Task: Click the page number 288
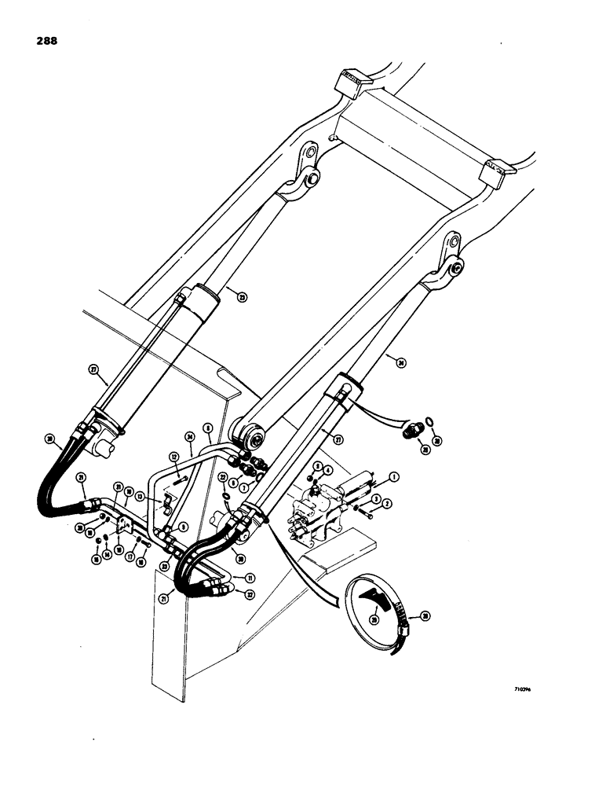(45, 40)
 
